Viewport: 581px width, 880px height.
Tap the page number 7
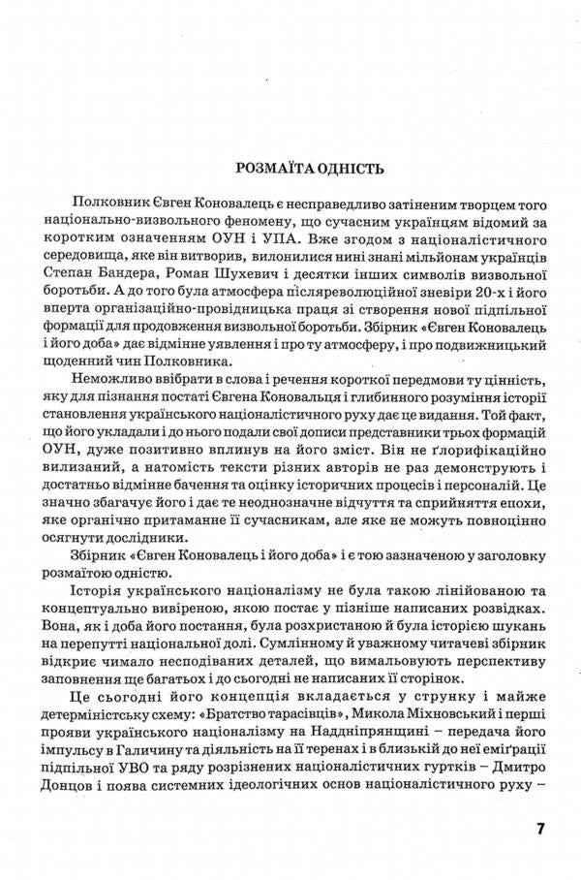click(540, 830)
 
